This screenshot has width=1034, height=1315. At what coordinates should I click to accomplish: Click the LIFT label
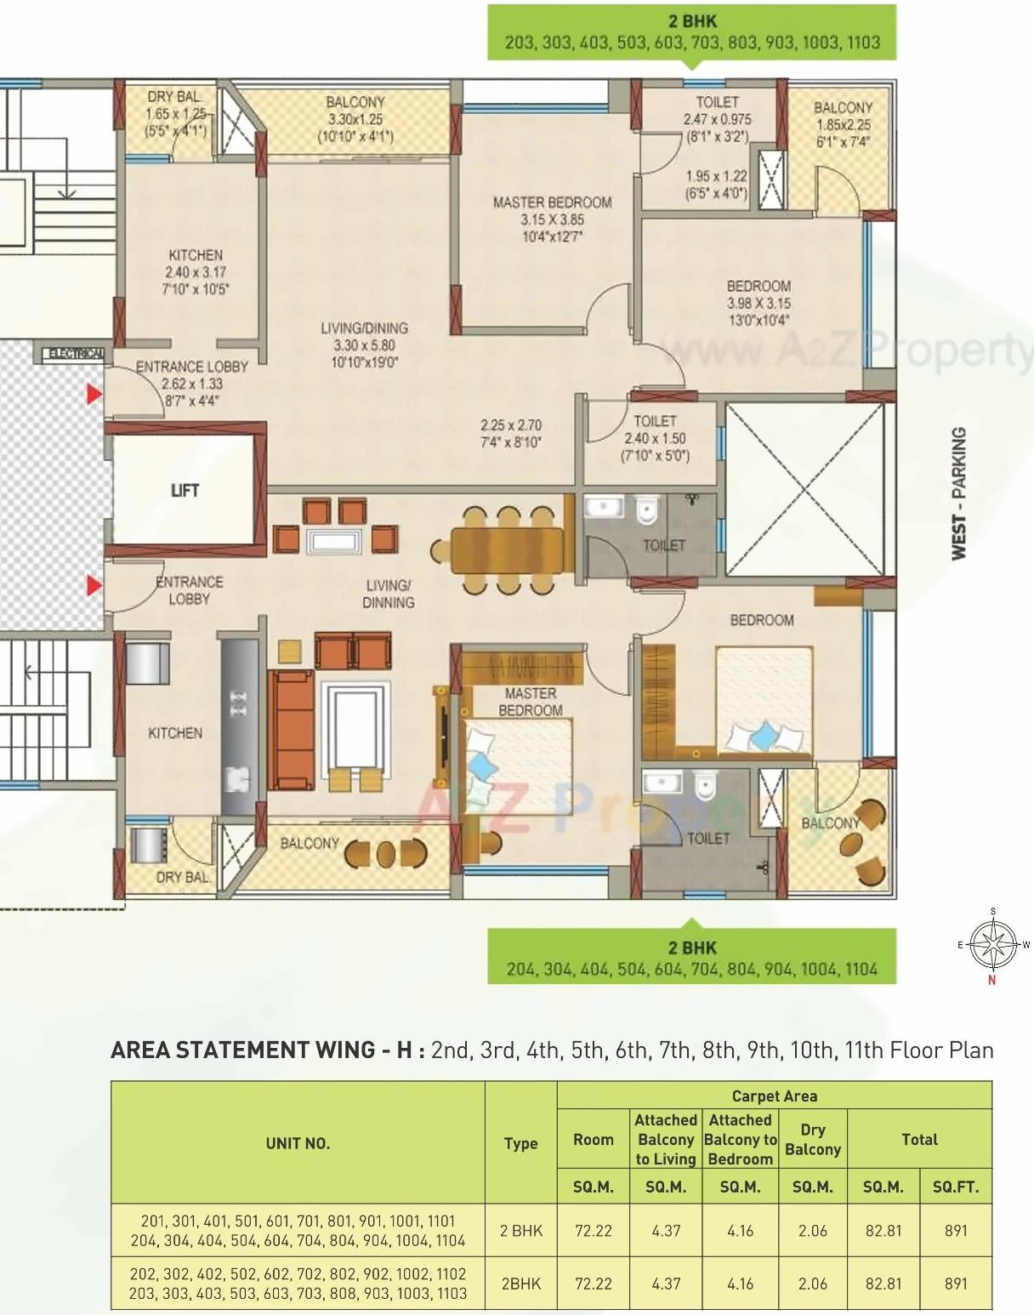pyautogui.click(x=185, y=490)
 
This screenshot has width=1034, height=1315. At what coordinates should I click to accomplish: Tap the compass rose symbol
pyautogui.click(x=993, y=944)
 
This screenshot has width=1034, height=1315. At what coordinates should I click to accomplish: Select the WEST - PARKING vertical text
pyautogui.click(x=958, y=493)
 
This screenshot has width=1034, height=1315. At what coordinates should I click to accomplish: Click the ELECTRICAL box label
pyautogui.click(x=75, y=353)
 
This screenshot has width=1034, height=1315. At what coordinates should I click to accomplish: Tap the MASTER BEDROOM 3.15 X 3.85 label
pyautogui.click(x=552, y=219)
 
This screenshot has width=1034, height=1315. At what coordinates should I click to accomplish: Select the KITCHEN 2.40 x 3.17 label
pyautogui.click(x=196, y=271)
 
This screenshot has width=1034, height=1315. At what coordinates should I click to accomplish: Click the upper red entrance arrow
pyautogui.click(x=93, y=395)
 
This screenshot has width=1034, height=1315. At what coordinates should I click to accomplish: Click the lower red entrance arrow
pyautogui.click(x=93, y=585)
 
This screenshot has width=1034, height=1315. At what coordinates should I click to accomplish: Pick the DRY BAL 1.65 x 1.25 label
pyautogui.click(x=175, y=113)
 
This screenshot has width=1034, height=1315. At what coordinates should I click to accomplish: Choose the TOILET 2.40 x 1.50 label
pyautogui.click(x=655, y=438)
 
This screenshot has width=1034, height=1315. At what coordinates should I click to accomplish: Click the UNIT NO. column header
pyautogui.click(x=297, y=1143)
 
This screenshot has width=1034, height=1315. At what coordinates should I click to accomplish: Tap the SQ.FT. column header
pyautogui.click(x=955, y=1187)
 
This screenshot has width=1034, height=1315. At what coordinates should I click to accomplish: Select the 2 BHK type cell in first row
pyautogui.click(x=520, y=1230)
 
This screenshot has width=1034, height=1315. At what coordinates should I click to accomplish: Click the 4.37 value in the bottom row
pyautogui.click(x=666, y=1284)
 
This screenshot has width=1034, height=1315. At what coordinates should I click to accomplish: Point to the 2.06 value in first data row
pyautogui.click(x=812, y=1230)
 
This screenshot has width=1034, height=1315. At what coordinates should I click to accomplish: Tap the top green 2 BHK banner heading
pyautogui.click(x=692, y=21)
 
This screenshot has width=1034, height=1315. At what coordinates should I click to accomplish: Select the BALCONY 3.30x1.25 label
pyautogui.click(x=355, y=119)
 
